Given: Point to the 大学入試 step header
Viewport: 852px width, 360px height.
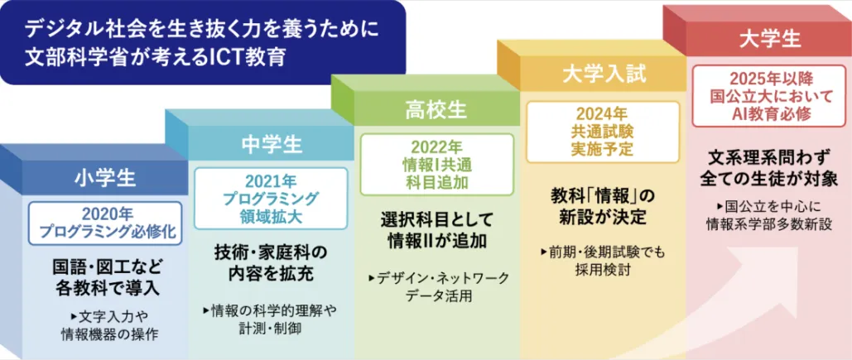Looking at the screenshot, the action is (x=604, y=74).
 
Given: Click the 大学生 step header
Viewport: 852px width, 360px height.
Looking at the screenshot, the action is (x=771, y=39).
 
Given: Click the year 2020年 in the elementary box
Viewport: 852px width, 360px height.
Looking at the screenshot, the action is (x=105, y=214).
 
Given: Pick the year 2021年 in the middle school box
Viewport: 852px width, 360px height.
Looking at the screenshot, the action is (x=271, y=180).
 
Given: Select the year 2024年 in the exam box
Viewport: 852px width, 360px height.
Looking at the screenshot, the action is (x=602, y=114).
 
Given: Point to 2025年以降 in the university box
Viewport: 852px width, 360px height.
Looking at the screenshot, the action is (x=771, y=79).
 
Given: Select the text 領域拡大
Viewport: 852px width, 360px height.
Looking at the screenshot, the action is (x=271, y=217).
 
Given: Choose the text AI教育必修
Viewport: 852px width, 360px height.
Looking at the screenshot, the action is (x=771, y=114).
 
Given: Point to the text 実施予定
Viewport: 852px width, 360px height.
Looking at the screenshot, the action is (x=602, y=148).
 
